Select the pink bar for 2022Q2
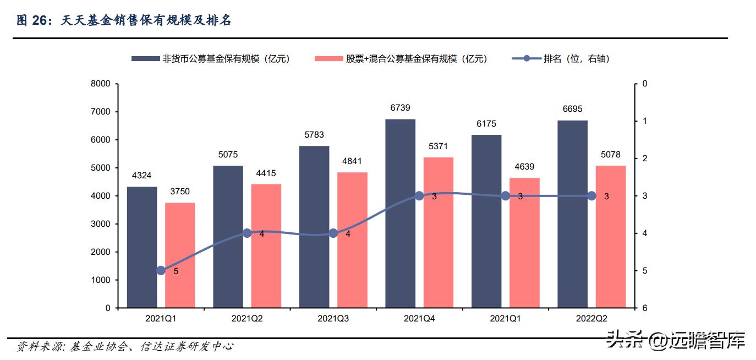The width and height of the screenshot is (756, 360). (611, 237)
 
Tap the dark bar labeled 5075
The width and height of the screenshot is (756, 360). (228, 237)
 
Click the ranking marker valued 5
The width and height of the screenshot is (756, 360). (161, 270)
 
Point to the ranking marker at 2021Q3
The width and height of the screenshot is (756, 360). (333, 233)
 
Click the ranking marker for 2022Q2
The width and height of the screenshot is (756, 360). (591, 196)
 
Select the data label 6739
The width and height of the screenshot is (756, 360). (400, 108)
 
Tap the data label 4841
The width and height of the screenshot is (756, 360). (352, 161)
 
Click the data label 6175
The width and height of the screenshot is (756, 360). (486, 124)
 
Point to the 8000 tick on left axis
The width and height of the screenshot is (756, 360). (101, 84)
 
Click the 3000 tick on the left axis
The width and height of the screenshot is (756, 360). (101, 224)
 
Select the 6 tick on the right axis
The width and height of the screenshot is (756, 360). (644, 308)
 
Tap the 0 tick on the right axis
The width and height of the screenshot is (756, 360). (644, 84)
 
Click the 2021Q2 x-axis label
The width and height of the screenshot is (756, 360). (247, 319)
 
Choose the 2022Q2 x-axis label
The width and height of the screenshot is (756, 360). (591, 319)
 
